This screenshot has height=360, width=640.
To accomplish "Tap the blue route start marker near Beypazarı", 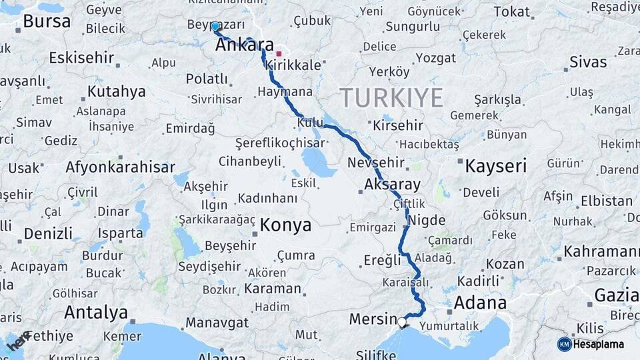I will click(x=215, y=27).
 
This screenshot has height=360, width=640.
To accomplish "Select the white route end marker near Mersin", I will click(x=402, y=323).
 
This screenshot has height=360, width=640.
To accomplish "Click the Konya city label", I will click(x=285, y=225).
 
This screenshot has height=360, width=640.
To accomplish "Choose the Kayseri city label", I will click(x=496, y=165).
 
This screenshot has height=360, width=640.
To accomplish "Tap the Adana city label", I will click(x=480, y=303).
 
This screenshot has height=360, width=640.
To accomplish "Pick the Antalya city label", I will click(x=96, y=311).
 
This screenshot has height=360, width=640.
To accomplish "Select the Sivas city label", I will click(x=588, y=62).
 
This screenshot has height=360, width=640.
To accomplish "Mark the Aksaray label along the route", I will click(x=393, y=185).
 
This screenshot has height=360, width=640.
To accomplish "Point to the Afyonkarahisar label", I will click(x=120, y=167).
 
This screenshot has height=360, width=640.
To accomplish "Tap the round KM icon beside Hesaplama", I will click(x=565, y=344).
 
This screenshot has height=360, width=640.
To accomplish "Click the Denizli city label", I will click(x=48, y=233).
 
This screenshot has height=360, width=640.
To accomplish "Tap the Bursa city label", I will click(x=47, y=21).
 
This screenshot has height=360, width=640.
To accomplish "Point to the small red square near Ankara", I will click(x=279, y=54).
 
